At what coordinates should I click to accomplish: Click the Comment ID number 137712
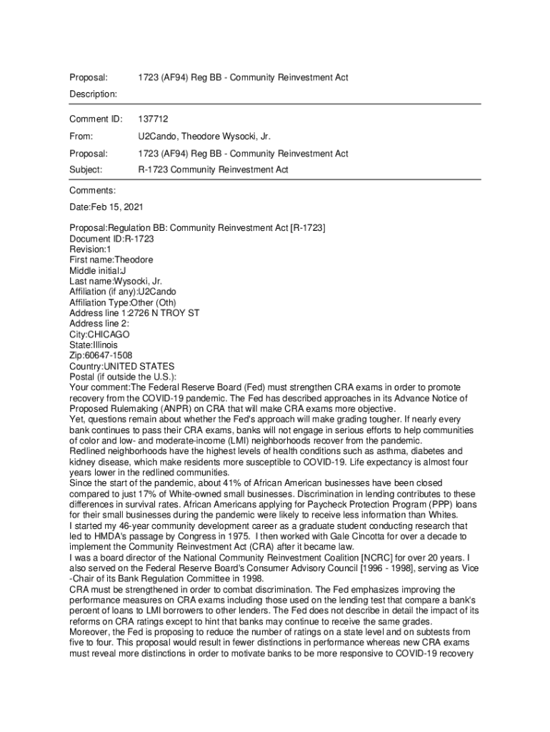point(153,119)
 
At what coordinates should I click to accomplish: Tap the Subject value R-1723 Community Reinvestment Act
point(213,170)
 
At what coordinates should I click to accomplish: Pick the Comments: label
point(92,191)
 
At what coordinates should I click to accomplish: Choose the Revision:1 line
point(90,249)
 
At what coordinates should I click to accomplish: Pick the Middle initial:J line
point(98,271)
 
